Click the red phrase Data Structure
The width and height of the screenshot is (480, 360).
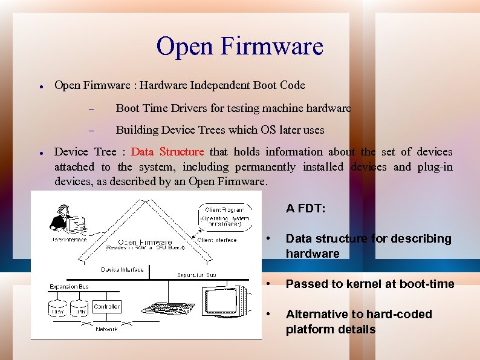point(167,151)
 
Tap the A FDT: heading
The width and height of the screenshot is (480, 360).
point(306,208)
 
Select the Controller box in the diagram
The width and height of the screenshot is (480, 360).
point(107,307)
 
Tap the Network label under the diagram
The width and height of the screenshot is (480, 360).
point(106,329)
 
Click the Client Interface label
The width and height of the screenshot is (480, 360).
point(217,240)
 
